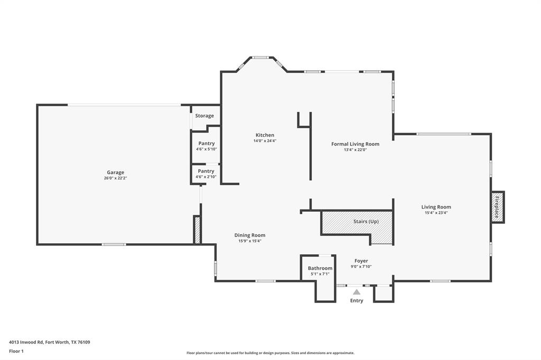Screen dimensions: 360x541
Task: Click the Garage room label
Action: pos(115,172)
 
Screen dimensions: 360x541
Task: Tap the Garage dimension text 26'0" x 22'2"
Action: pos(115,178)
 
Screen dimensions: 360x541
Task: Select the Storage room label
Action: pos(204,116)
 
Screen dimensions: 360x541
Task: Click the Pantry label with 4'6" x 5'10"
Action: pos(206,144)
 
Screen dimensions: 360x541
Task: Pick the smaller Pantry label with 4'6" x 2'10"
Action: pos(206,171)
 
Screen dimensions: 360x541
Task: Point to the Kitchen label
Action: pos(265,135)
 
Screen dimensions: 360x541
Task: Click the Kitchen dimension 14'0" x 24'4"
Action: pos(265,141)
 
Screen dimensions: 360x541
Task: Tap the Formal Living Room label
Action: pos(355,144)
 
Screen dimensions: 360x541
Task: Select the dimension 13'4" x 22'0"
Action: pos(355,150)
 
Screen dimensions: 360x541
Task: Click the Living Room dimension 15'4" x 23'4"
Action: pos(436,213)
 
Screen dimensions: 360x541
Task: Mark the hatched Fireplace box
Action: pos(497,207)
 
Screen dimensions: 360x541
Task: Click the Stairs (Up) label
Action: pos(366,221)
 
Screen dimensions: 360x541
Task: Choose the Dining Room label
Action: pos(250,235)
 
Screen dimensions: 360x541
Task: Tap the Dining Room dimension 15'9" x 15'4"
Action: pos(250,241)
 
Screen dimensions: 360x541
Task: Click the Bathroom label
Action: pos(320,268)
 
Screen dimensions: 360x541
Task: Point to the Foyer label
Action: pos(361,261)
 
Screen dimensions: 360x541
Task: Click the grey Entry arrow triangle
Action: pos(357,292)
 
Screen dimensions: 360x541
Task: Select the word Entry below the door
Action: pos(357,300)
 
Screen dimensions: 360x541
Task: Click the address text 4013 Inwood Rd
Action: pos(26,342)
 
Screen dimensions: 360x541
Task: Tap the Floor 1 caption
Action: pos(16,351)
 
